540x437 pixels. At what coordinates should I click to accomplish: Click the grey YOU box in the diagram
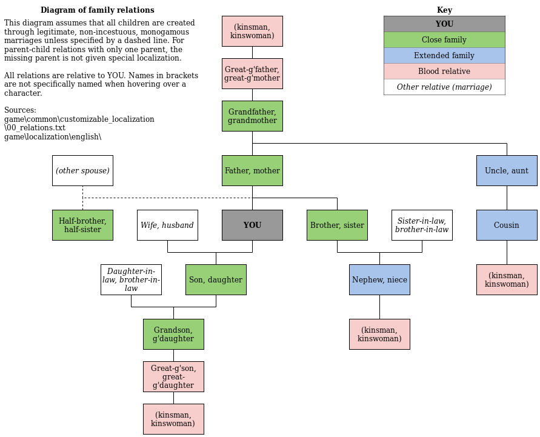[x=252, y=225]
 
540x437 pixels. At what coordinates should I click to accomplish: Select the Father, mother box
[x=252, y=170]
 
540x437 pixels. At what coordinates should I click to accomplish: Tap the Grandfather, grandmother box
[x=252, y=116]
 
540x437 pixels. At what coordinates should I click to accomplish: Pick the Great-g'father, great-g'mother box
[x=252, y=73]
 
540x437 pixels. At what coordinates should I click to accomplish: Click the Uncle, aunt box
[x=506, y=170]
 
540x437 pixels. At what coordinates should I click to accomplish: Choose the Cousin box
[x=506, y=225]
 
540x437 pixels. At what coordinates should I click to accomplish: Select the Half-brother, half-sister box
[x=82, y=225]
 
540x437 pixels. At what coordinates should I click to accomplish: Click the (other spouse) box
[x=82, y=170]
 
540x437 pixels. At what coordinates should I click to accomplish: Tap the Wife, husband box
[x=167, y=225]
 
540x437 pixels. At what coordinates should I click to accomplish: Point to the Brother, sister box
[x=337, y=225]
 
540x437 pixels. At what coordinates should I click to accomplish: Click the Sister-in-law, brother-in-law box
[x=422, y=225]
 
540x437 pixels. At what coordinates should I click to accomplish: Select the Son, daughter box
[x=216, y=279]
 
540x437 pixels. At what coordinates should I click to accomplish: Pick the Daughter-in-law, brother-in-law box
[x=131, y=279]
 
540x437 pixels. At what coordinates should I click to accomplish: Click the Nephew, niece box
[x=379, y=279]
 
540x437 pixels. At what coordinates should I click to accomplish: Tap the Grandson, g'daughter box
[x=173, y=334]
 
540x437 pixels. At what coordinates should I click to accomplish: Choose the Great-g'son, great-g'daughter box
[x=173, y=376]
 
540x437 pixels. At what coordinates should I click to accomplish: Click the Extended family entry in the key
[x=444, y=55]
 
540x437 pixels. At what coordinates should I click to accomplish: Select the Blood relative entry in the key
[x=444, y=71]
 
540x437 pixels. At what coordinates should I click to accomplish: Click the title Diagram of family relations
[x=97, y=10]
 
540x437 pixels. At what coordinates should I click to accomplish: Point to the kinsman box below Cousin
[x=506, y=279]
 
